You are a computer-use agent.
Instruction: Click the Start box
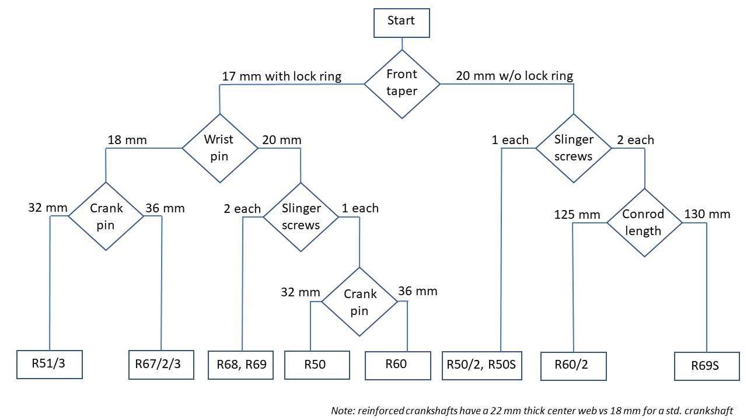pos(402,23)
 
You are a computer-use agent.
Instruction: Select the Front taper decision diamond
pos(402,84)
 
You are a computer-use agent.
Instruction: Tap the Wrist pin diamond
pos(220,148)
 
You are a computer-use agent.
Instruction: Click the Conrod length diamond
pos(644,223)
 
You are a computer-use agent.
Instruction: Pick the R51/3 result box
pos(50,365)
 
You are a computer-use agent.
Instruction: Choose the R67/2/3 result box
pos(162,365)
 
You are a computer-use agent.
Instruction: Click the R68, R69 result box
pos(241,365)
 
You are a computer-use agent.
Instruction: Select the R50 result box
pos(317,365)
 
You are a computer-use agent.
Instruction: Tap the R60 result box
pos(398,365)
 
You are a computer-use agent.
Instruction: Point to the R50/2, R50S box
pos(482,365)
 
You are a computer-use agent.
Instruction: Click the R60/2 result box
pos(574,366)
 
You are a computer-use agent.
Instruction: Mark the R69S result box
pos(707,366)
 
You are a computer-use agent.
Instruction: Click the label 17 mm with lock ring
pos(282,76)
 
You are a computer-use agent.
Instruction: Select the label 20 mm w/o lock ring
pos(515,76)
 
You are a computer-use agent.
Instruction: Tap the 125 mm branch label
pos(577,214)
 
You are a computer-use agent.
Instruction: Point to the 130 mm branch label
pos(707,213)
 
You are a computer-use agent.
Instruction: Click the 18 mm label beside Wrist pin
pos(127,139)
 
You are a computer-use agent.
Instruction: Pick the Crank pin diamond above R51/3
pos(106,216)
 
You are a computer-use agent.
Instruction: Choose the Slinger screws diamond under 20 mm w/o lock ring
pos(574,148)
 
